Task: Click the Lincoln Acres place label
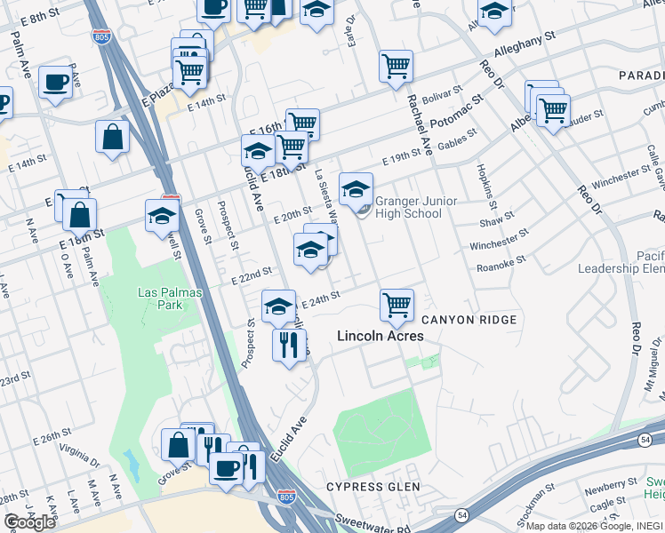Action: click(x=380, y=336)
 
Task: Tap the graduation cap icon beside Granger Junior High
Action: click(x=356, y=189)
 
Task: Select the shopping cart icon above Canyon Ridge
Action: click(x=397, y=306)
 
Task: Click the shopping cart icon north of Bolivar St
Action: click(x=396, y=66)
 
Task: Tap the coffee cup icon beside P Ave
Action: click(x=56, y=83)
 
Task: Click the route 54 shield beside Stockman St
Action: click(x=462, y=515)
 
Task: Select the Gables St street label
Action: click(x=457, y=137)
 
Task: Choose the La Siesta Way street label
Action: click(x=325, y=195)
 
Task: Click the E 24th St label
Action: click(x=323, y=295)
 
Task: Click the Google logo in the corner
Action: click(x=30, y=522)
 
